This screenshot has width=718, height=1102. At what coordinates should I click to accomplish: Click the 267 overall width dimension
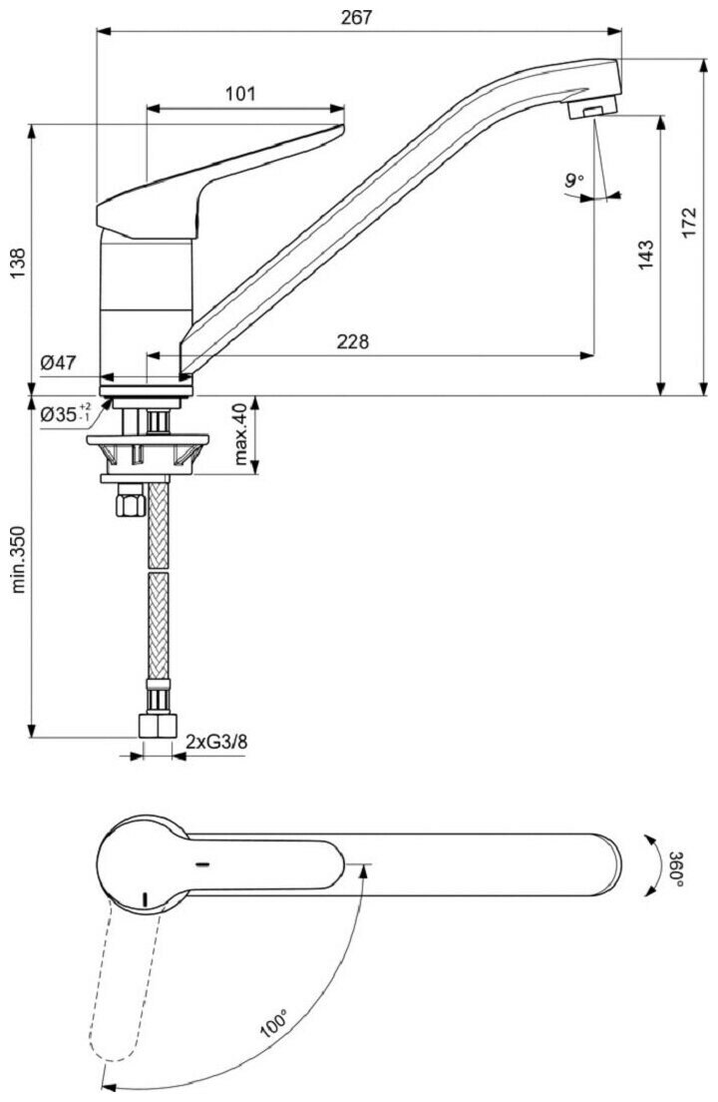(x=356, y=17)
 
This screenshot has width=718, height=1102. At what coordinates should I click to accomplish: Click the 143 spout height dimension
(x=645, y=256)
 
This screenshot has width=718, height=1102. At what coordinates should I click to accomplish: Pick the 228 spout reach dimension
(x=352, y=341)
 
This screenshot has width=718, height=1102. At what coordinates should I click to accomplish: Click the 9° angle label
(x=572, y=181)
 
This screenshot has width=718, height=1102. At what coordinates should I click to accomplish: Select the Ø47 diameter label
(x=58, y=364)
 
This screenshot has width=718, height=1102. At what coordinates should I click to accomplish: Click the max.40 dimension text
(x=240, y=435)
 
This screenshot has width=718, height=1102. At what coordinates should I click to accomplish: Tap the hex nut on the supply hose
(x=128, y=502)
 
